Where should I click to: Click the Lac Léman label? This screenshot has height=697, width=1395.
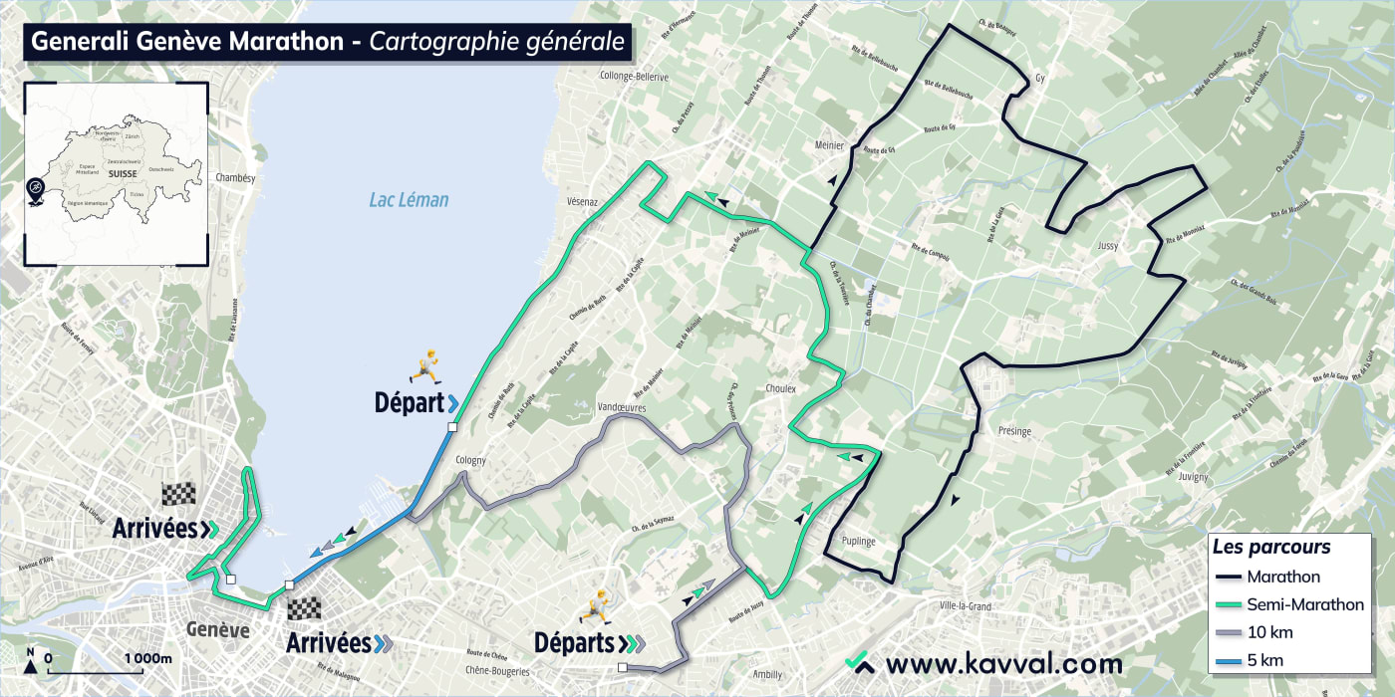[409, 200]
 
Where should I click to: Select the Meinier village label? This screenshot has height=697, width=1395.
[829, 145]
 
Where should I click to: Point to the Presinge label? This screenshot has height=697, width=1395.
[1014, 431]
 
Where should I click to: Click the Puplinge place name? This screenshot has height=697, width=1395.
[856, 542]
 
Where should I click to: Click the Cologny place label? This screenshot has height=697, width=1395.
[470, 460]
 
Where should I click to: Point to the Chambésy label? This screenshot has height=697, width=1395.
[236, 178]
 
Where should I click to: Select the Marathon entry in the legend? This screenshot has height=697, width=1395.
[1283, 577]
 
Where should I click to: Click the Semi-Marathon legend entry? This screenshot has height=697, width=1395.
[1305, 604]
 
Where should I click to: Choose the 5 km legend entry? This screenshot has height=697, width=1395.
[1265, 660]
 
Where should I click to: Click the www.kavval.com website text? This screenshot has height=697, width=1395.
[1003, 663]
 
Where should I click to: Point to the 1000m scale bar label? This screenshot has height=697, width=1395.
[148, 659]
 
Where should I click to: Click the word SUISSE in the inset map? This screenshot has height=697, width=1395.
[124, 173]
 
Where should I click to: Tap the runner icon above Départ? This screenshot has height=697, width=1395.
[428, 367]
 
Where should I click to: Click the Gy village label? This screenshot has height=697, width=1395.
[1041, 78]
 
